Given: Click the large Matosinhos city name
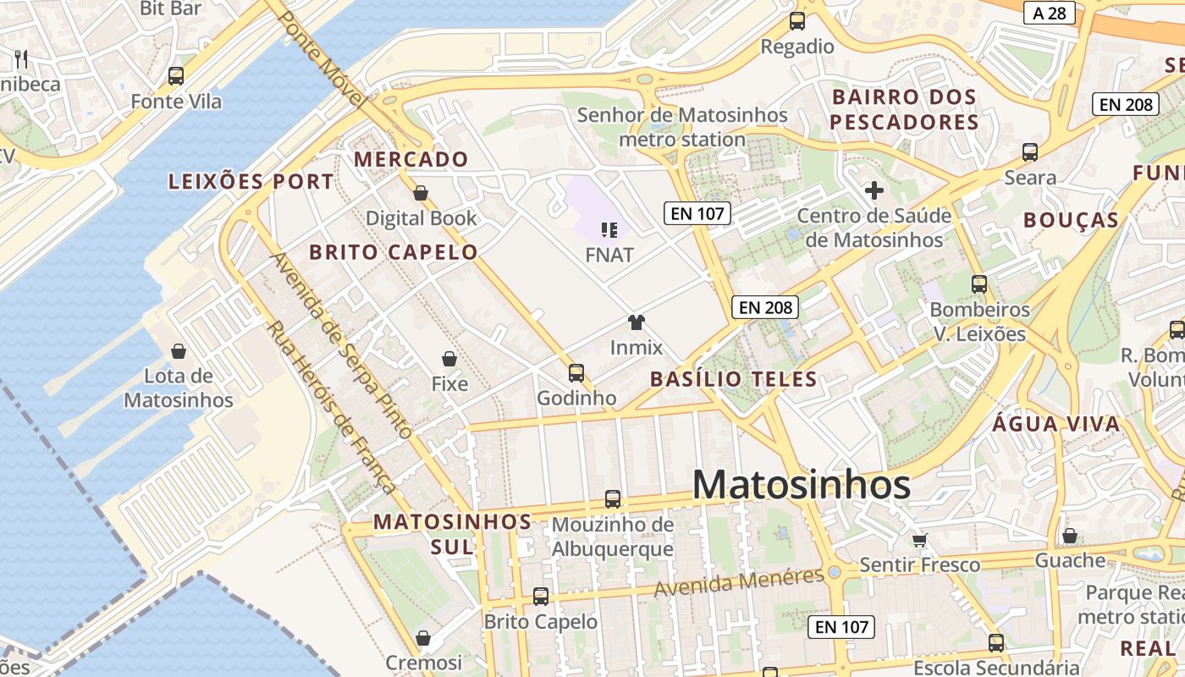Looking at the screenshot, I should click(802, 485).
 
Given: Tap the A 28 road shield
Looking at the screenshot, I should click(1049, 13).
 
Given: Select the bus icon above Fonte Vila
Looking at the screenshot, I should click(176, 75).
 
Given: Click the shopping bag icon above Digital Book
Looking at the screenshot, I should click(421, 193).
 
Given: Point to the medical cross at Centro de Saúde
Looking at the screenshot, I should click(874, 190).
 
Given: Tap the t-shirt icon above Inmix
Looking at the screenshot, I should click(637, 322).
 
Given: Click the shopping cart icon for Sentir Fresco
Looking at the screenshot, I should click(919, 539).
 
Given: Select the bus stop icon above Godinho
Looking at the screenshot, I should click(576, 372).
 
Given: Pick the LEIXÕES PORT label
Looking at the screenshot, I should click(251, 182).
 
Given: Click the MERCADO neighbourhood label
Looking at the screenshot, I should click(411, 159).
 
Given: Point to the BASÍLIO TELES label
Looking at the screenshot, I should click(734, 379).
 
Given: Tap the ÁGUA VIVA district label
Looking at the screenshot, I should click(1055, 424).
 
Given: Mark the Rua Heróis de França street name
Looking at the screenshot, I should click(332, 407).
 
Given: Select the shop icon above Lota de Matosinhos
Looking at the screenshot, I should click(179, 350).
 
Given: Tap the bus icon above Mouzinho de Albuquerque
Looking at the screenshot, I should click(613, 499).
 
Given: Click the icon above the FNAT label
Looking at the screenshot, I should click(609, 229).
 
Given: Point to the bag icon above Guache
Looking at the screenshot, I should click(1070, 536).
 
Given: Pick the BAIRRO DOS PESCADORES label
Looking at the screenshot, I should click(904, 109).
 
